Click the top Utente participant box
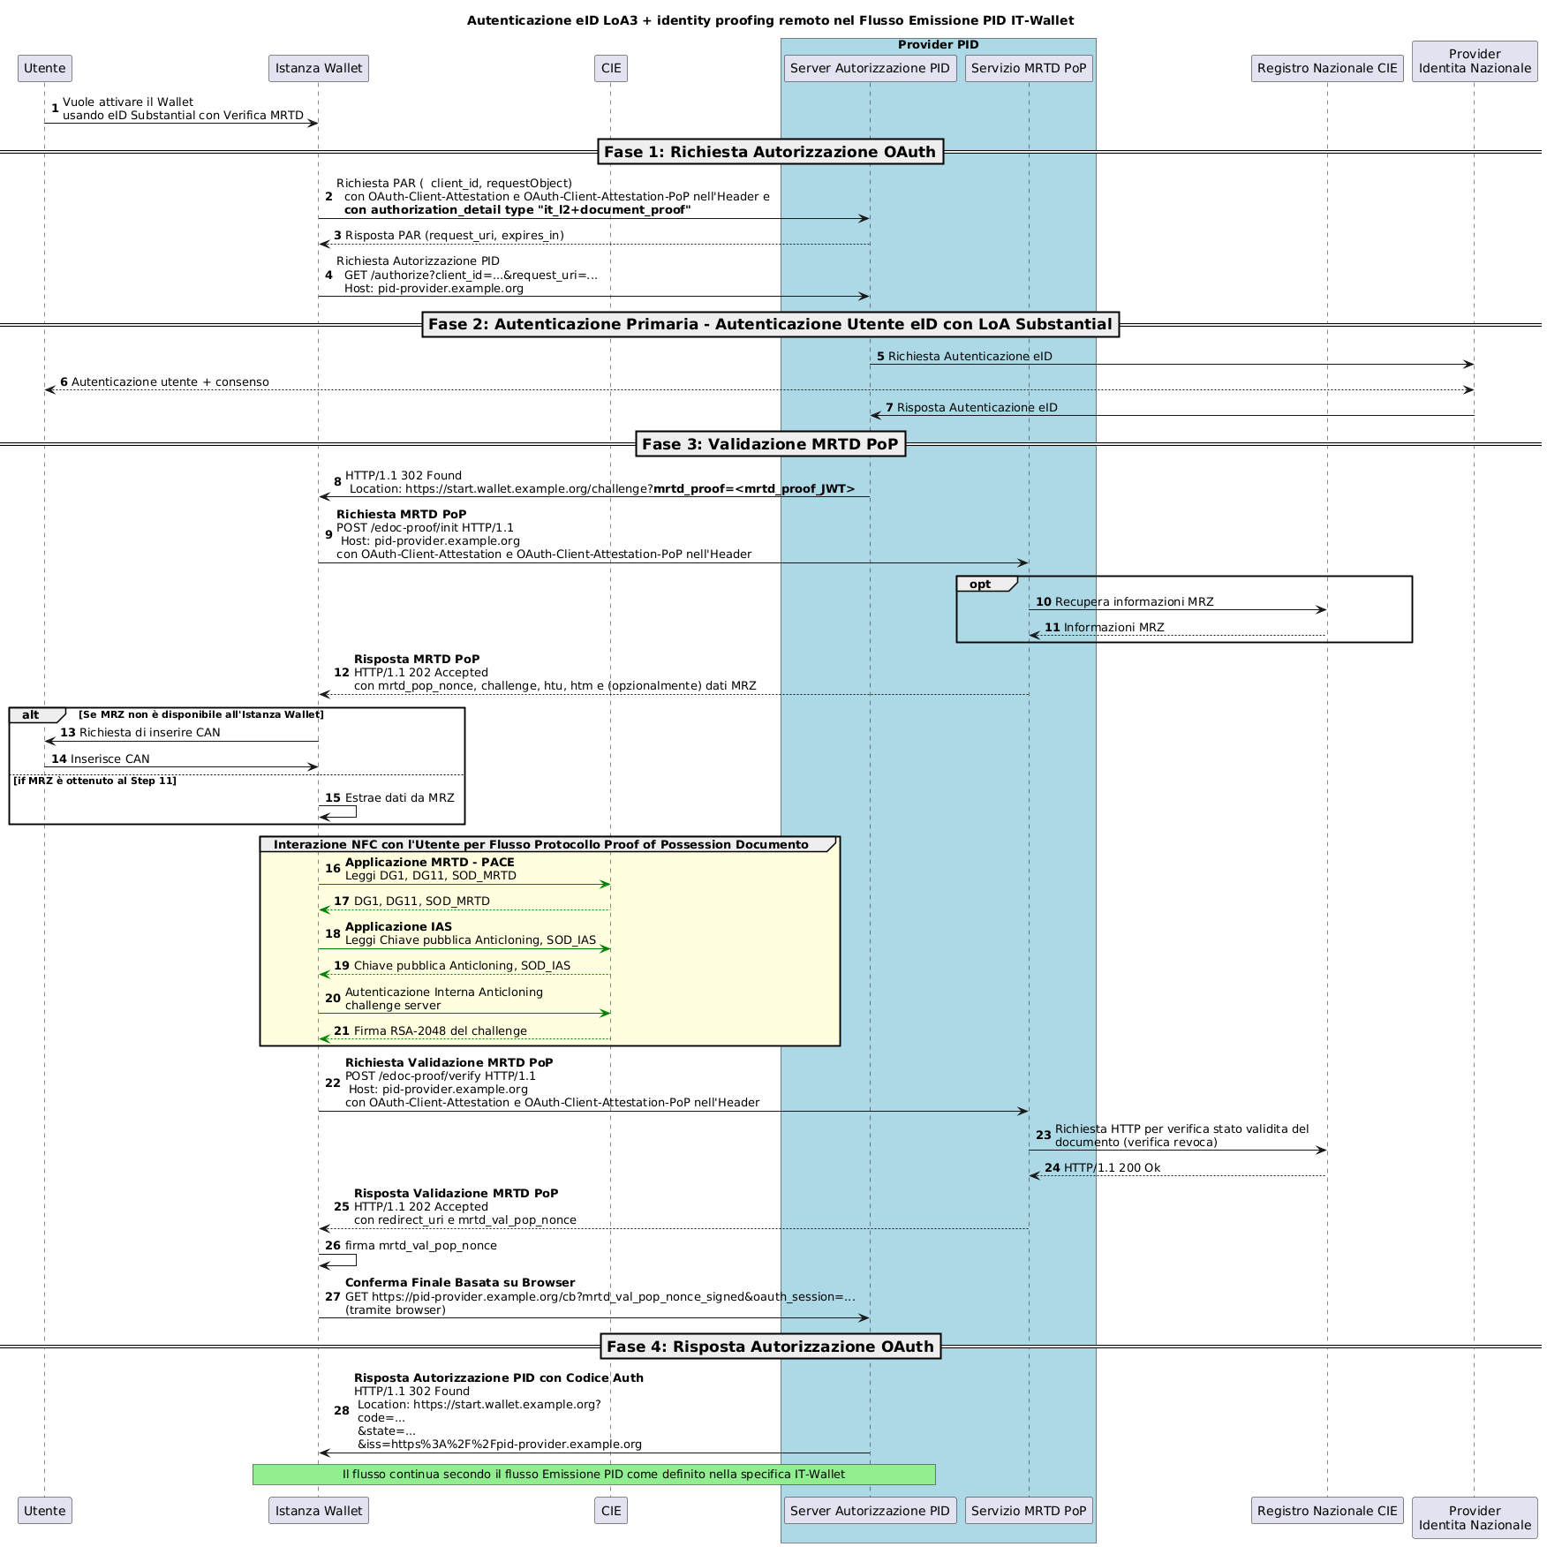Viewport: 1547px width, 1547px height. [45, 68]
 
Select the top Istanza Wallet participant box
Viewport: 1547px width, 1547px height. [319, 68]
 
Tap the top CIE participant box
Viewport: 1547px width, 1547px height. [611, 68]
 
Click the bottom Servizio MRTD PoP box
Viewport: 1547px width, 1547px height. [1029, 1510]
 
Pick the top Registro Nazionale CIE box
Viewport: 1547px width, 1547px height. [1327, 68]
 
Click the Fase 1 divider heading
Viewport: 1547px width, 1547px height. [770, 152]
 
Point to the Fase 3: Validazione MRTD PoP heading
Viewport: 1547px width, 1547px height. [770, 444]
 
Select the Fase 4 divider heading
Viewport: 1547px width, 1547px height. [770, 1346]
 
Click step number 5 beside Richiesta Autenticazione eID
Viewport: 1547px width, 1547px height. [880, 356]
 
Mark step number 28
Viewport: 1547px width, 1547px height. [342, 1410]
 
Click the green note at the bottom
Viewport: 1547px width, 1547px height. [593, 1474]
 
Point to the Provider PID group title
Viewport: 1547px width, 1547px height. [938, 45]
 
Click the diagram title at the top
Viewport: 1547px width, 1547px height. [770, 20]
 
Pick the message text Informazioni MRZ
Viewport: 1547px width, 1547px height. [1113, 627]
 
